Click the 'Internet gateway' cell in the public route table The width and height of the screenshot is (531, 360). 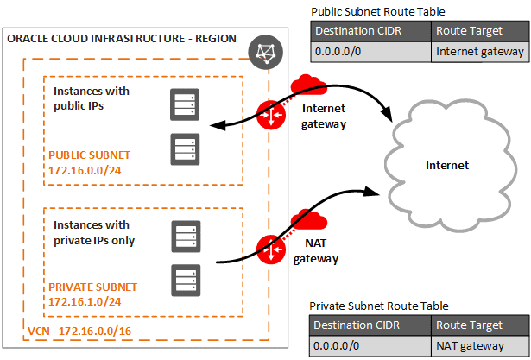(480, 52)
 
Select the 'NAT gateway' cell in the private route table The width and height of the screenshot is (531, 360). (480, 346)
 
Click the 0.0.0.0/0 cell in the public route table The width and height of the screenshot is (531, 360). (370, 52)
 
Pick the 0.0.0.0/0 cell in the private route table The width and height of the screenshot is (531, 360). (370, 346)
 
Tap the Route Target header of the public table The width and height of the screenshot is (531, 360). (480, 33)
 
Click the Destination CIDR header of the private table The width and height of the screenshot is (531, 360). (370, 326)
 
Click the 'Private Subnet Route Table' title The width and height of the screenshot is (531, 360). (378, 306)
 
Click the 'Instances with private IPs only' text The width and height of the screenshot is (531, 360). (94, 233)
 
